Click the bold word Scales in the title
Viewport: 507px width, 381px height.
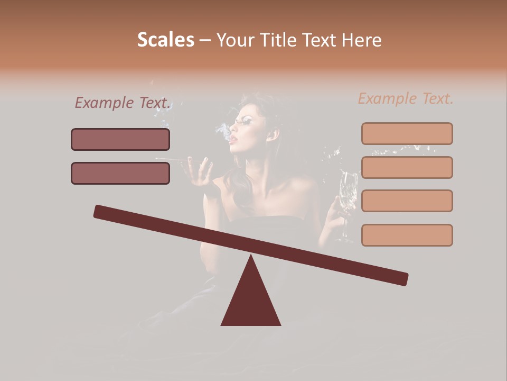(x=165, y=40)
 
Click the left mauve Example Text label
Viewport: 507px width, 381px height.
(x=123, y=103)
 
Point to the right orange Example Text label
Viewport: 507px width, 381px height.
(x=406, y=98)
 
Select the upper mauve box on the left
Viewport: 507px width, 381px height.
(x=120, y=139)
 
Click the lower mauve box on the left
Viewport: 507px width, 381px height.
(x=120, y=173)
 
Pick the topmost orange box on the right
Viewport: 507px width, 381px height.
(x=407, y=133)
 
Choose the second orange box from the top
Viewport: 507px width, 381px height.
(x=407, y=167)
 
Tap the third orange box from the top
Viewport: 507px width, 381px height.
(x=407, y=201)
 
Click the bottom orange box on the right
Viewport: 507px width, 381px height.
(x=407, y=235)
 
